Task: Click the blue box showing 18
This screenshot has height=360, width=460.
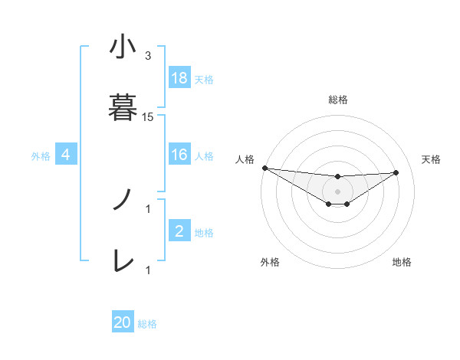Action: tap(179, 77)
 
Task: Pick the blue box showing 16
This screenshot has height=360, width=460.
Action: tap(179, 155)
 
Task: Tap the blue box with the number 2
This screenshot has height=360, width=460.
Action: tap(179, 231)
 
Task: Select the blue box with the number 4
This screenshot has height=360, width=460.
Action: tap(66, 155)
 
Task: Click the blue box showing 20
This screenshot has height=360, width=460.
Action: tap(123, 322)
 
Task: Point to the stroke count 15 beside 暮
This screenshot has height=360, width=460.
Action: tap(148, 117)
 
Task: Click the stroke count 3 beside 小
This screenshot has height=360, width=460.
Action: tap(148, 56)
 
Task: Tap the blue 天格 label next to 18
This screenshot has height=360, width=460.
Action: tap(204, 79)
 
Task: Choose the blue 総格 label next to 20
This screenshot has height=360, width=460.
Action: tap(147, 324)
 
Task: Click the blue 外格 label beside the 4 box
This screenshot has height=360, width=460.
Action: tap(41, 156)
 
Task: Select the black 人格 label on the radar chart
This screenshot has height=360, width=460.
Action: tap(244, 159)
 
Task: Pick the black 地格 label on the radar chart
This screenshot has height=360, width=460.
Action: tap(402, 263)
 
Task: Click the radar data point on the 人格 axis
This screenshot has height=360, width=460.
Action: tap(264, 168)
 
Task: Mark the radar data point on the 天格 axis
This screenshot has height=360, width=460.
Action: tap(396, 172)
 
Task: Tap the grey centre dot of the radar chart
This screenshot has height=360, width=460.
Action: tap(337, 191)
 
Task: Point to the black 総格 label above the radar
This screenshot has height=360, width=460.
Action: tap(337, 100)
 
